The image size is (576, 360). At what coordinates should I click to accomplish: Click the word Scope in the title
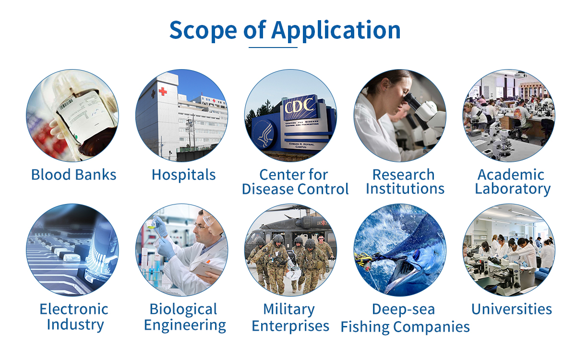pyautogui.click(x=203, y=31)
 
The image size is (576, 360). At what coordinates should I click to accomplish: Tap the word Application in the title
pyautogui.click(x=336, y=30)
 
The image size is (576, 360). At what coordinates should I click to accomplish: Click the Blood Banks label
pyautogui.click(x=73, y=175)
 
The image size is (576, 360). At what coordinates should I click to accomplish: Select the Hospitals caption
pyautogui.click(x=183, y=175)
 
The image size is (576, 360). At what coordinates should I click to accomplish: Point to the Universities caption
pyautogui.click(x=512, y=309)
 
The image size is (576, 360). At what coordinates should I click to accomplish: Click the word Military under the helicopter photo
pyautogui.click(x=289, y=310)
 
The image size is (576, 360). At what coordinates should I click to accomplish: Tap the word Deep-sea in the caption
pyautogui.click(x=404, y=310)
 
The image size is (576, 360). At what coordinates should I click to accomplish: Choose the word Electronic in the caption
pyautogui.click(x=74, y=309)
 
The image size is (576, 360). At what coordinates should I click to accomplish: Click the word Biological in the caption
pyautogui.click(x=183, y=310)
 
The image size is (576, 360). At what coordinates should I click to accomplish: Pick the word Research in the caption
pyautogui.click(x=404, y=175)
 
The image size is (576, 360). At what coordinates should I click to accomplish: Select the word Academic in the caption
pyautogui.click(x=511, y=175)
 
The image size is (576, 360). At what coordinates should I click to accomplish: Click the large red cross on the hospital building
pyautogui.click(x=163, y=91)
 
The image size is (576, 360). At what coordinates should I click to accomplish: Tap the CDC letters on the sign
pyautogui.click(x=300, y=106)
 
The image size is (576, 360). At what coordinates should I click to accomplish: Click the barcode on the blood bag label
pyautogui.click(x=66, y=105)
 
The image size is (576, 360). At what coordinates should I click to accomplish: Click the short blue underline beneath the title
pyautogui.click(x=273, y=48)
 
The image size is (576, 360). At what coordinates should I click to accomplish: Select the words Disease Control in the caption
pyautogui.click(x=295, y=189)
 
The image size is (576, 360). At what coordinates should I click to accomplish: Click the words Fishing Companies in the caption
pyautogui.click(x=405, y=327)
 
